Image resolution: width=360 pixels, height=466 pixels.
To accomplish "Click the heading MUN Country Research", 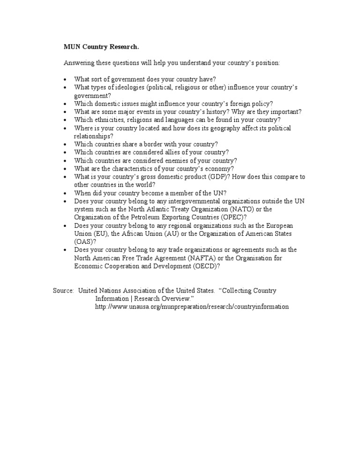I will tap(101, 47).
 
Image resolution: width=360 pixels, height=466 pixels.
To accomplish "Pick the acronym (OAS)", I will tap(83, 241).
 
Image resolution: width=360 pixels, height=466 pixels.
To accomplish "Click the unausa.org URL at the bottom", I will tap(192, 307).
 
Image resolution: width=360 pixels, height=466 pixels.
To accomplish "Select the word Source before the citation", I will tap(63, 291).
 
